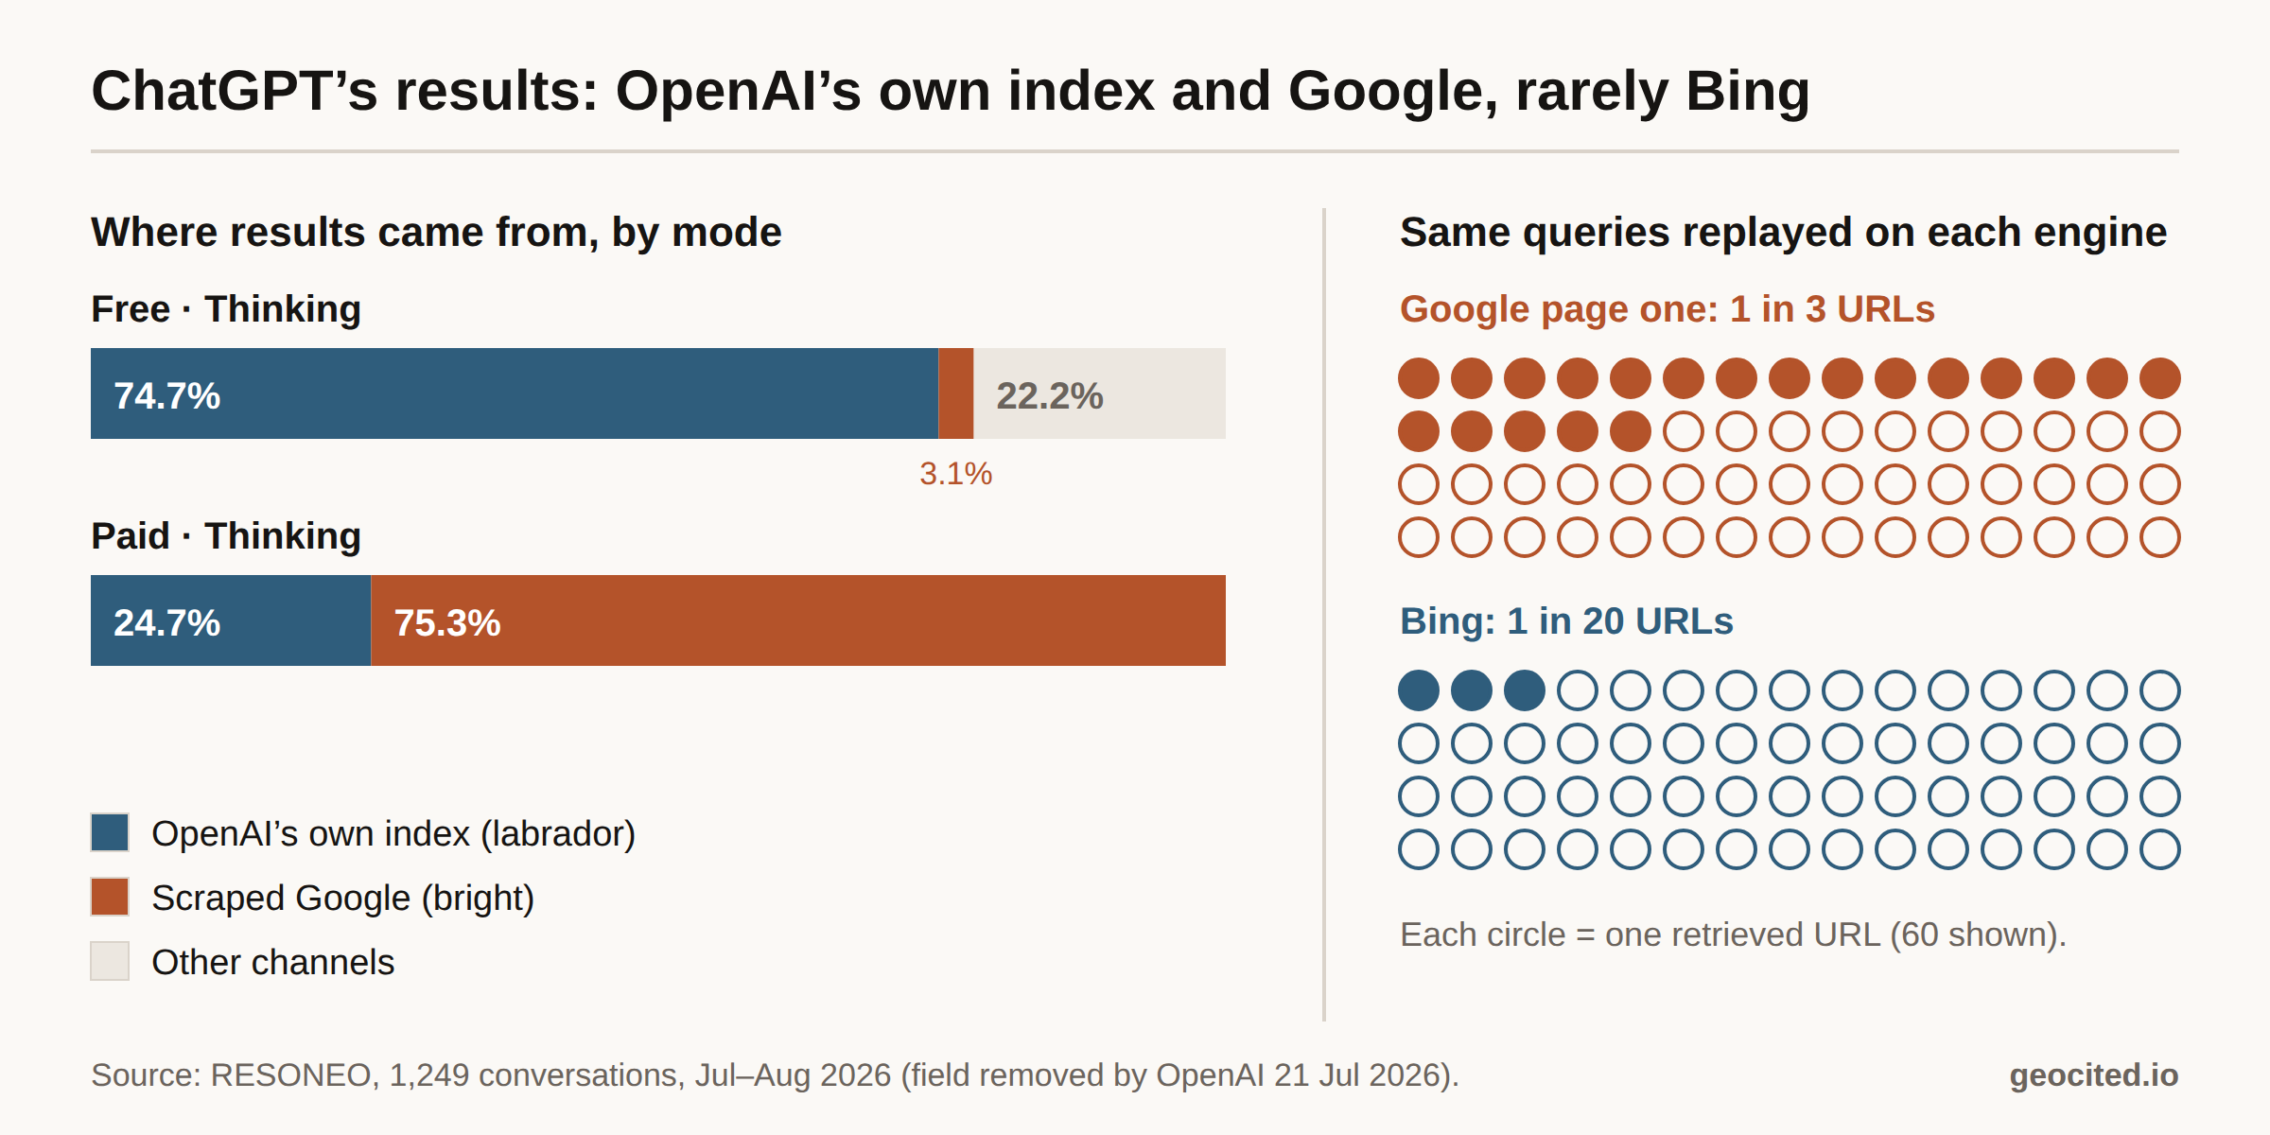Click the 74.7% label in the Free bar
[166, 395]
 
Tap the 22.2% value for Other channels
[1050, 395]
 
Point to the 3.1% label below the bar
[956, 473]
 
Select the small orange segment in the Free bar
[955, 393]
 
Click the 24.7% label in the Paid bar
[166, 622]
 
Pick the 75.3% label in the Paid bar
[447, 622]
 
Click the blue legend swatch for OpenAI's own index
[110, 832]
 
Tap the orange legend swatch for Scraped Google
[110, 897]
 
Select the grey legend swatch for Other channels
[110, 961]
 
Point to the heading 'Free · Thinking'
[226, 309]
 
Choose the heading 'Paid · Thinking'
[226, 536]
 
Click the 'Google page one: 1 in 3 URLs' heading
[1668, 309]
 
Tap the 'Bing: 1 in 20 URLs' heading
[1566, 621]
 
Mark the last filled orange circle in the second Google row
[1631, 431]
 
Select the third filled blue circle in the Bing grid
[1525, 690]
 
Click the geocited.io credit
[2094, 1075]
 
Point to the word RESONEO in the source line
[290, 1075]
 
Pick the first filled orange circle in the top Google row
[1419, 378]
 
